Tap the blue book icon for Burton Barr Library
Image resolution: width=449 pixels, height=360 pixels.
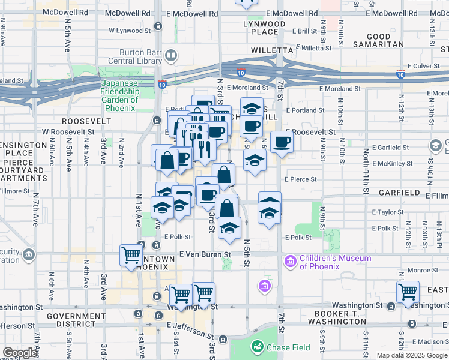pos(171,56)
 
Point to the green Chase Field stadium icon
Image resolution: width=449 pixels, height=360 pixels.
pos(257,346)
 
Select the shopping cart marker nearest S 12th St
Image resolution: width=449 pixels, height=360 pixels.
pos(408,292)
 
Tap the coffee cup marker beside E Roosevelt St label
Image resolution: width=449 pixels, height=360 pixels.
pos(282,142)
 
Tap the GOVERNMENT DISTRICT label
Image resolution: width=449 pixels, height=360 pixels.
pos(77,320)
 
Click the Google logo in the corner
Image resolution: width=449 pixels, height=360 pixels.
pos(20,353)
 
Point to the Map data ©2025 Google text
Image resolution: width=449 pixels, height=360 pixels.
pos(412,355)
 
